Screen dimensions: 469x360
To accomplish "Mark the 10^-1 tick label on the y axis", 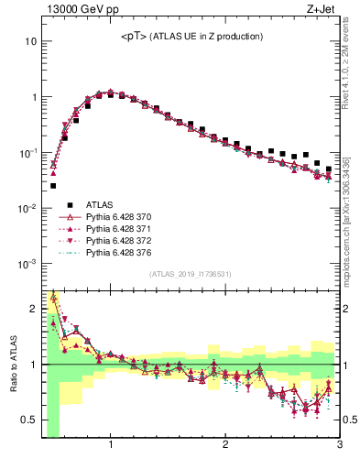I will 26,152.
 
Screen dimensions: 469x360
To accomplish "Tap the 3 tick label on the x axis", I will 340,446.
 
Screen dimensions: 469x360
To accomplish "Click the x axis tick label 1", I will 111,446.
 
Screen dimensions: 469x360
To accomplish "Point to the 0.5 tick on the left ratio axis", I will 27,420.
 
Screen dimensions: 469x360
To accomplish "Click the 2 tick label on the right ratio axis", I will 346,309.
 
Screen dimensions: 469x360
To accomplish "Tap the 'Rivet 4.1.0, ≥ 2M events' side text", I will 351,57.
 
